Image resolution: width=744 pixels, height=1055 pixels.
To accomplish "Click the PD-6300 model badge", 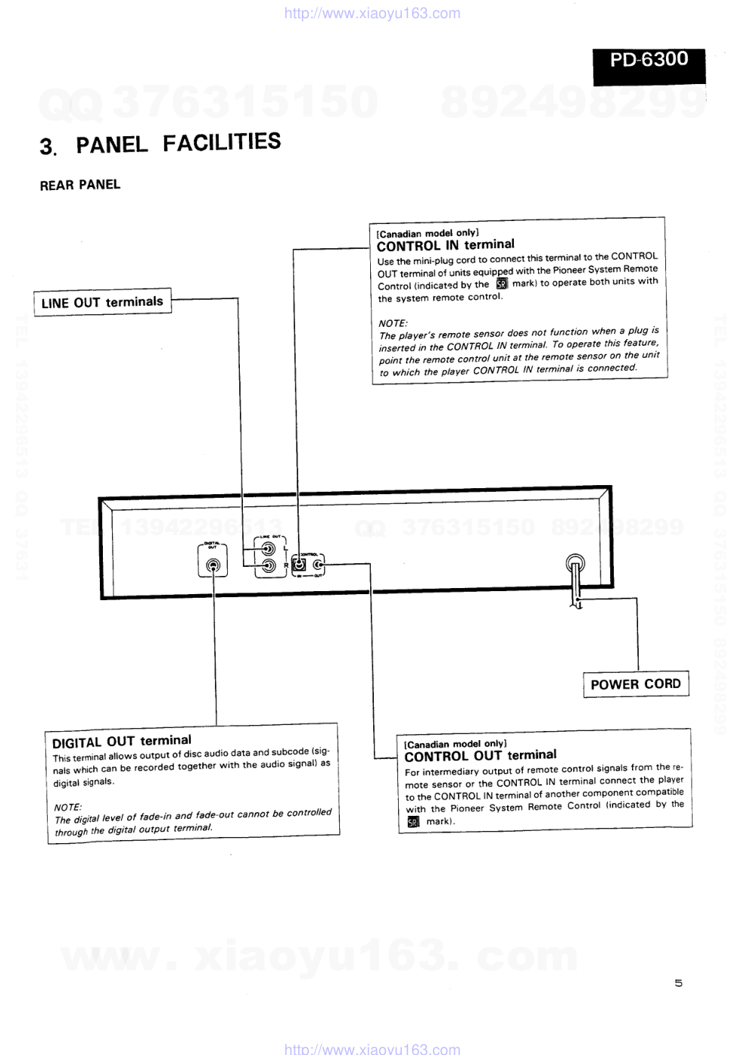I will pos(649,60).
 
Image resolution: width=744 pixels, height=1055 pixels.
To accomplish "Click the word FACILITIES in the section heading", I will pos(221,142).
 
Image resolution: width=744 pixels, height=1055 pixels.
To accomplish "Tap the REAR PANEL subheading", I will pos(79,185).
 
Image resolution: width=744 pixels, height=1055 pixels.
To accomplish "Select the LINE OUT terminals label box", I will pos(102,302).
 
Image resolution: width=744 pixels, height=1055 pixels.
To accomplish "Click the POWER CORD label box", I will pos(635,684).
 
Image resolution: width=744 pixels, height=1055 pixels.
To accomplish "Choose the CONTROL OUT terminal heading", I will pos(480,755).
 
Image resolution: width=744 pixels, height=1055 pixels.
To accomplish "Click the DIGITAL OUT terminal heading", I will pos(121,741).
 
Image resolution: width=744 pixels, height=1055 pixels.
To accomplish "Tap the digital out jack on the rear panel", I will pos(213,565).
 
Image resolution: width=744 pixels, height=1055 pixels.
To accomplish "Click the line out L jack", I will pos(268,549).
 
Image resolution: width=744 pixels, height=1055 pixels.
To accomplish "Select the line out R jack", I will pos(268,565).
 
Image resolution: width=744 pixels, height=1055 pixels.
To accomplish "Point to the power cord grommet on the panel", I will pos(575,564).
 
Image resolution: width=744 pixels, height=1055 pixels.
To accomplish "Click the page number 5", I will pos(678,983).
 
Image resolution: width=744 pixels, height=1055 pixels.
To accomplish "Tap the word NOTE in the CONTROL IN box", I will pos(393,323).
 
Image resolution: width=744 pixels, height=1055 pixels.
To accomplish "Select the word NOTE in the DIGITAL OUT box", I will pos(68,807).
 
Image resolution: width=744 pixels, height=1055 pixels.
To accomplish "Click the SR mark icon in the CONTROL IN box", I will pos(501,284).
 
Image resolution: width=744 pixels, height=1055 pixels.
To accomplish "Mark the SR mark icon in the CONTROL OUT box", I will pos(412,822).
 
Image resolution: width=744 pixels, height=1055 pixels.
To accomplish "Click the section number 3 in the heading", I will pos(47,146).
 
